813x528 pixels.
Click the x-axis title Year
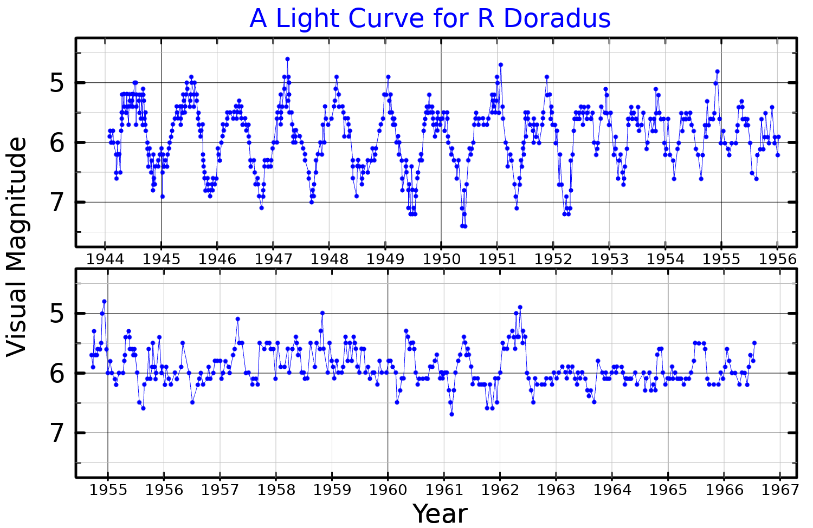[x=440, y=513]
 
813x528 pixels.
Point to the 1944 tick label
[x=105, y=259]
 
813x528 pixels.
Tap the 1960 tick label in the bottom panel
[x=388, y=490]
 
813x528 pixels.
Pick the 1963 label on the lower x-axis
[x=556, y=490]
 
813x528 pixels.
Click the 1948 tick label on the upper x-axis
[x=329, y=259]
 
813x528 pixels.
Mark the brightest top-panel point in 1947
[x=287, y=59]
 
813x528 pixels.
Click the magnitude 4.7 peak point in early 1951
[x=501, y=65]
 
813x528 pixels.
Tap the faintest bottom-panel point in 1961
[x=451, y=414]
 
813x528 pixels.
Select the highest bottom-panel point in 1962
[x=520, y=307]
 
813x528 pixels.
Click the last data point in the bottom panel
[x=754, y=343]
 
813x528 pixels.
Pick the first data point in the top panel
[x=109, y=136]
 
